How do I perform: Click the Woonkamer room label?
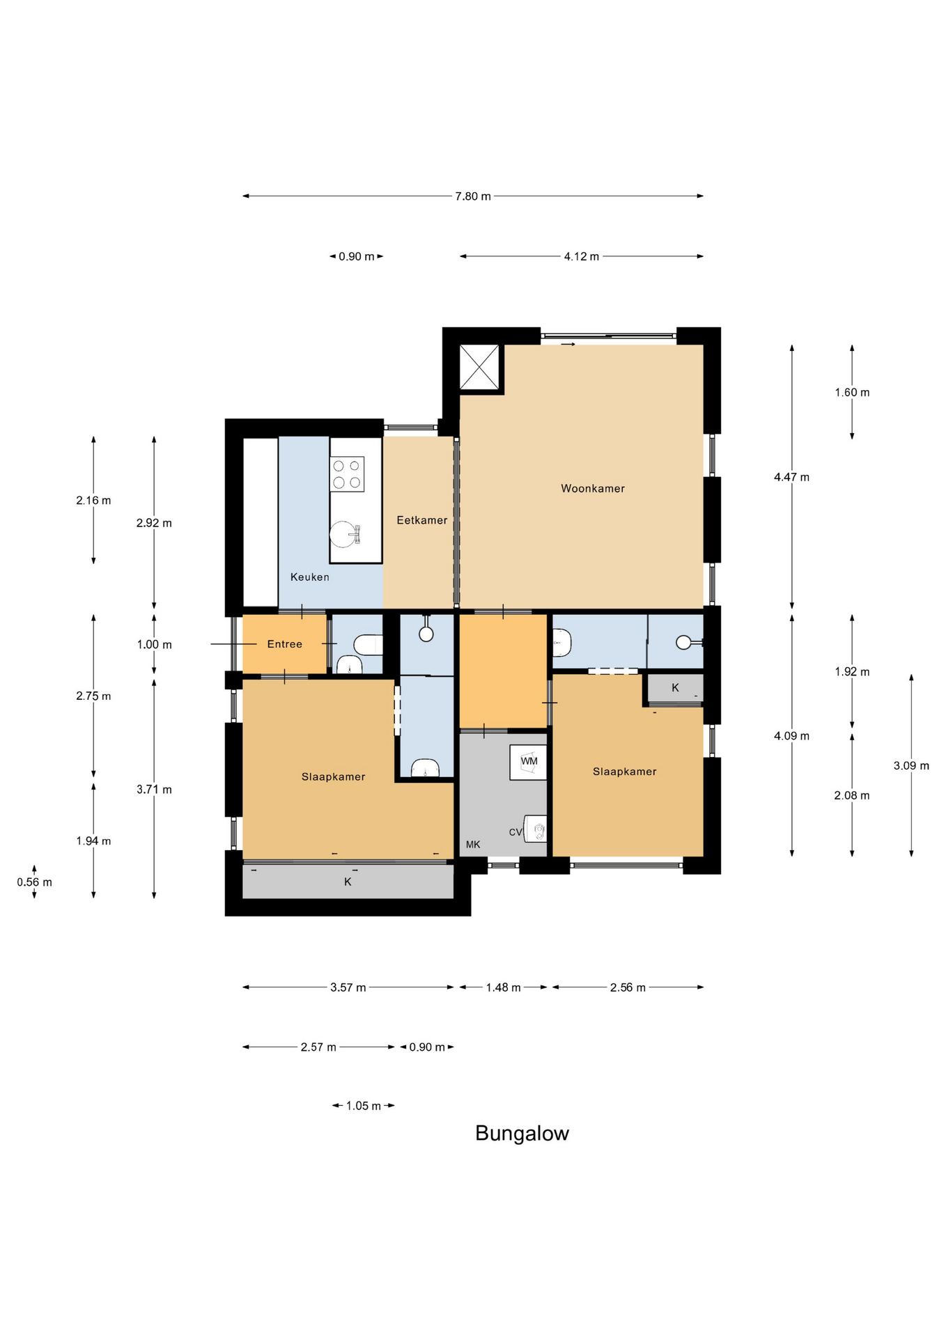pos(593,489)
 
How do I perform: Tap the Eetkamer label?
pos(422,520)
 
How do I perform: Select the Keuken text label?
pos(310,577)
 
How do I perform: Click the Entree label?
pos(285,644)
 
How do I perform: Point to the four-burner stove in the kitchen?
pos(347,474)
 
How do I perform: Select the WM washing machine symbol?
pos(529,763)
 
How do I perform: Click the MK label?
pos(473,845)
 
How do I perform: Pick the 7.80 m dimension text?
pos(473,196)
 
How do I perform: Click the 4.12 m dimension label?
pos(582,256)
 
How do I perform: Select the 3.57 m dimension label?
pos(348,987)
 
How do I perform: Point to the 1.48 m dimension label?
pos(504,987)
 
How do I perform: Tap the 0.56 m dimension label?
pos(35,882)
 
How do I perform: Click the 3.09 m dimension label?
pos(911,766)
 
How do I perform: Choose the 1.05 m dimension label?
pos(364,1106)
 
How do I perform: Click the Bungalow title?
pos(522,1134)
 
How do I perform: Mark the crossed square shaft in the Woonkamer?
pos(479,367)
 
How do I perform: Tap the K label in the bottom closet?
pos(348,882)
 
